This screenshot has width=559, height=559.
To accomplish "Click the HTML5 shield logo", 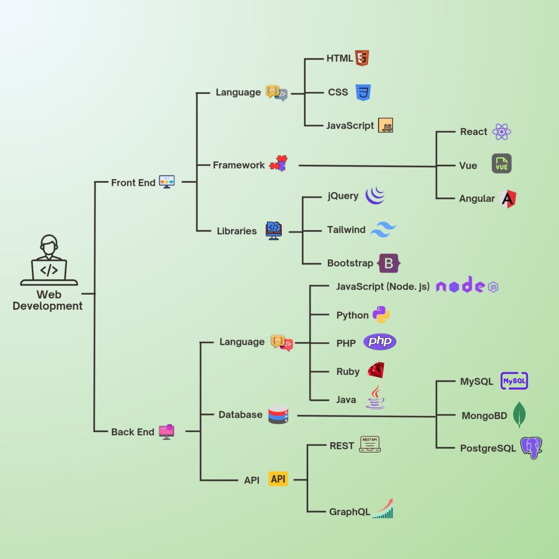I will click(x=362, y=58).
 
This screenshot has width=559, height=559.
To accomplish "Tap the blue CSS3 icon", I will click(x=363, y=92).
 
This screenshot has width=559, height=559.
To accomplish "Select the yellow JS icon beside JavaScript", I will click(x=386, y=126).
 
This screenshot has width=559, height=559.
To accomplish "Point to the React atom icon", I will click(x=501, y=132).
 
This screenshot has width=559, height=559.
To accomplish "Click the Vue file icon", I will click(x=501, y=164).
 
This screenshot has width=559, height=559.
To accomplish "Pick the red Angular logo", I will click(x=508, y=199).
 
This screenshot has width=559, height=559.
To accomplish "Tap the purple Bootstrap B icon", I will click(x=389, y=263).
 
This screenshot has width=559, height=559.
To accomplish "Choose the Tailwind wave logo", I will click(x=383, y=230).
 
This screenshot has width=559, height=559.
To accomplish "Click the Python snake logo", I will click(x=381, y=315).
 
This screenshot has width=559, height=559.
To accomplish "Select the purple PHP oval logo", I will click(x=380, y=342).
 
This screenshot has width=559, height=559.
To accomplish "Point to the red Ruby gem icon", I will click(x=376, y=371).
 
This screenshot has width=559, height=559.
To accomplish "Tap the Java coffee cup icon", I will click(x=376, y=398).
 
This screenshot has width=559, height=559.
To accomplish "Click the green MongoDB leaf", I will click(x=520, y=415).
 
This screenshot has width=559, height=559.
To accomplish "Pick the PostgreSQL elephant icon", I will click(x=531, y=448).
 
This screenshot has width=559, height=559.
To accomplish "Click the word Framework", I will click(x=239, y=165).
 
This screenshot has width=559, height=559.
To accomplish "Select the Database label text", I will click(x=240, y=415).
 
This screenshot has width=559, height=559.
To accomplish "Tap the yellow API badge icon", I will click(x=278, y=479).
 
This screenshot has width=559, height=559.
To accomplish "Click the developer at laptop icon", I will click(x=49, y=260).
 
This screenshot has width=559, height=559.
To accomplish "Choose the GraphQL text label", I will click(x=349, y=512).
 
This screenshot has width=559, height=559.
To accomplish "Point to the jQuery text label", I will click(x=343, y=196).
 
